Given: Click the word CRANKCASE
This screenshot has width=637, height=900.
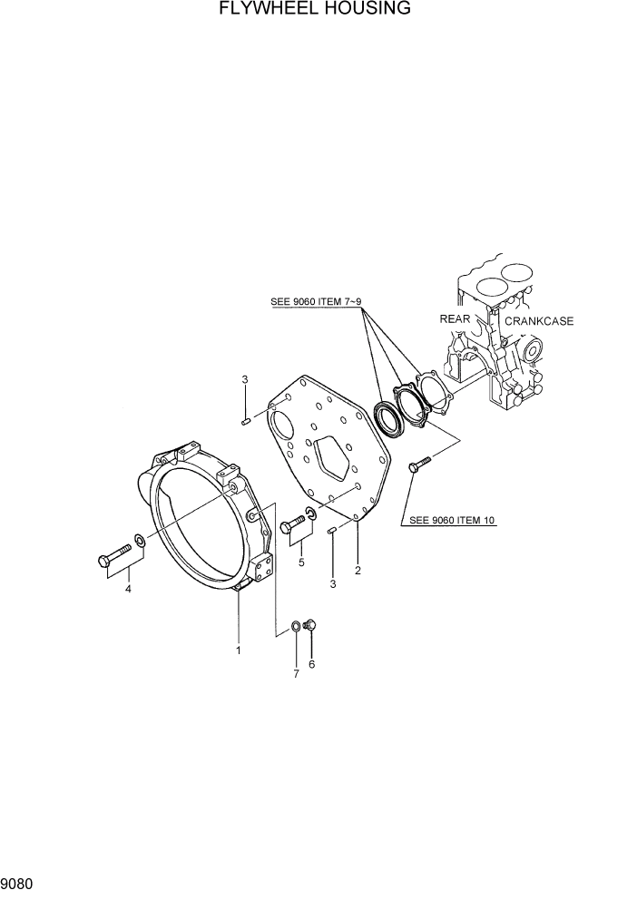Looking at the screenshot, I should click(x=539, y=321).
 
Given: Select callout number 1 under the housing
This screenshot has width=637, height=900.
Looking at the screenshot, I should click(x=239, y=650).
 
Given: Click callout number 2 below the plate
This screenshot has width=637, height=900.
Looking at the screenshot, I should click(x=358, y=571).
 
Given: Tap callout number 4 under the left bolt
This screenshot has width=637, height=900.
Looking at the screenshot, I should click(x=128, y=589).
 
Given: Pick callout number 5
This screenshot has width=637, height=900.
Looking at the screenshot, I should click(x=301, y=562).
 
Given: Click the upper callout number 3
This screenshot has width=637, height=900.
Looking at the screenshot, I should click(x=244, y=379).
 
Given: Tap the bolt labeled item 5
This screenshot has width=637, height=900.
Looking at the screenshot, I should click(x=294, y=523).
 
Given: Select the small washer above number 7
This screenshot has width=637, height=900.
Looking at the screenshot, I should click(x=297, y=625).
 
